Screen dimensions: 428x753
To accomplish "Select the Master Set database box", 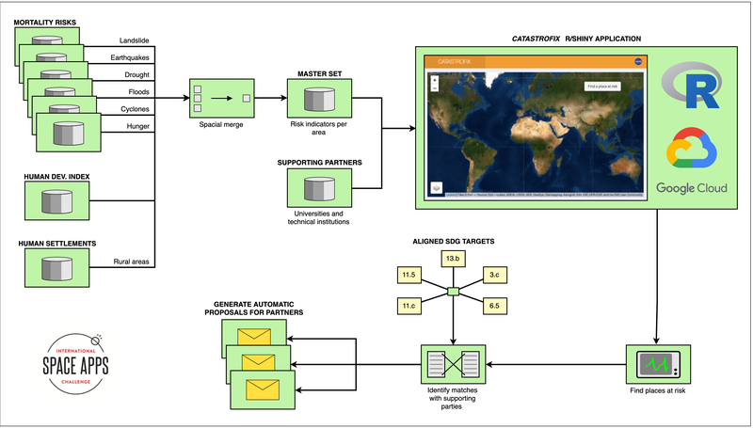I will (320, 99).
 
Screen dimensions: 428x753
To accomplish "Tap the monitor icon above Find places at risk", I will (658, 363).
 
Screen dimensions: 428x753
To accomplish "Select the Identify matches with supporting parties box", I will (453, 363).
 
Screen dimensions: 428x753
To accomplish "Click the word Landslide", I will (135, 40).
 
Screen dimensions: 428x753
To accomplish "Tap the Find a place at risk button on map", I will (601, 86).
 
